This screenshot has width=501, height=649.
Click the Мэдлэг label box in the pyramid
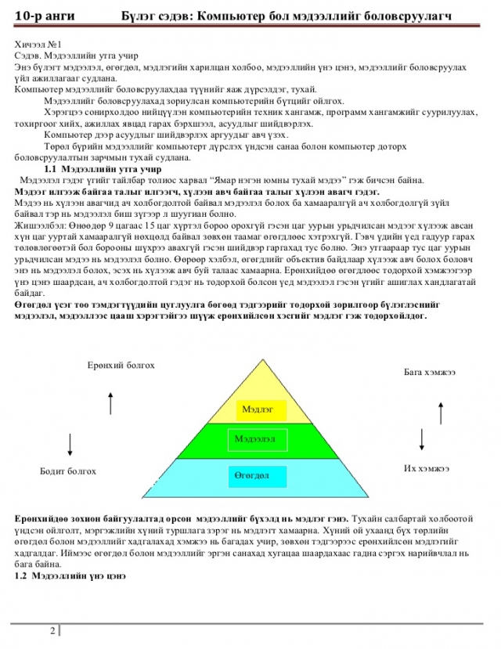coord(258,409)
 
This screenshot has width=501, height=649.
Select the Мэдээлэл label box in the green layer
coord(254,439)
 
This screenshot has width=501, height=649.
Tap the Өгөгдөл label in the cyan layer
coord(251,475)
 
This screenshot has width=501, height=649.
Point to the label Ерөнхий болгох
coord(121,366)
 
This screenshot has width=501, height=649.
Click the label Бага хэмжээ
coord(430,371)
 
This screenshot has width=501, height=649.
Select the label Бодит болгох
coord(68,471)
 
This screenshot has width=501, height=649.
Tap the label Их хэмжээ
coord(426,468)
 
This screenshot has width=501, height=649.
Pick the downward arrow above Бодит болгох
coord(72,442)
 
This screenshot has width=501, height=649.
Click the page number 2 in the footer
coord(52,631)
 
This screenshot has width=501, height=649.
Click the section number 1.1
coord(52,169)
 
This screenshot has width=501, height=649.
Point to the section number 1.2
coord(22,575)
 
